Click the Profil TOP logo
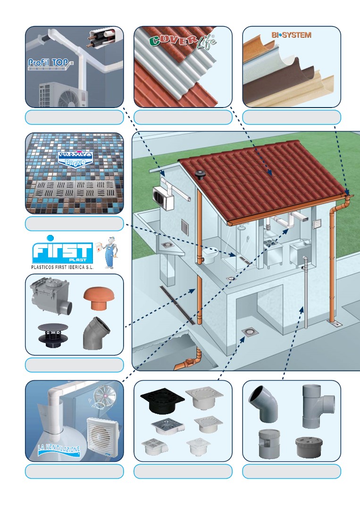pos(50,64)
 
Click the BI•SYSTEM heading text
pos(291,35)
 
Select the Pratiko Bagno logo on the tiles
pos(75,159)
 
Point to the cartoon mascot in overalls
pos(109,252)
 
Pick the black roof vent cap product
pos(53,335)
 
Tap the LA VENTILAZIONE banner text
pos(59,450)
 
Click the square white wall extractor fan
pos(102,434)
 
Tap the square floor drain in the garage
pos(250,332)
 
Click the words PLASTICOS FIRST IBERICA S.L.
pos(62,267)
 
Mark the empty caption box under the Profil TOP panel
pos(75,117)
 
